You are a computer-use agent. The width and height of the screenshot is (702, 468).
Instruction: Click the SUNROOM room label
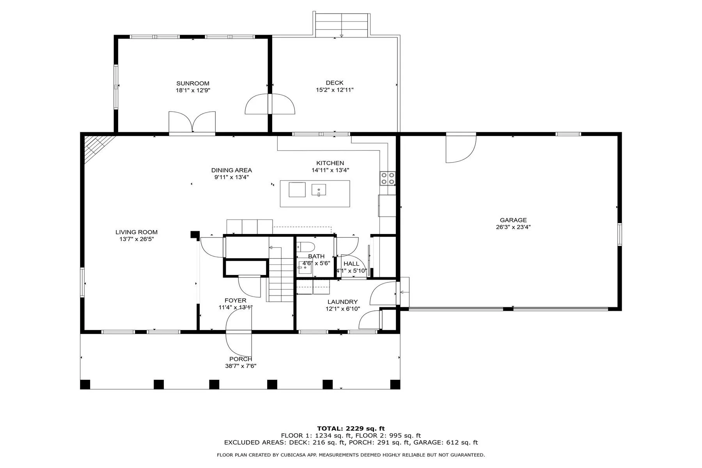(193, 83)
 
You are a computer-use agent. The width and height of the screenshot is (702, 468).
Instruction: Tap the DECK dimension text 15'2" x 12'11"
(335, 90)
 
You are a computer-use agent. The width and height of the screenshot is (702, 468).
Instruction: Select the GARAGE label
(513, 220)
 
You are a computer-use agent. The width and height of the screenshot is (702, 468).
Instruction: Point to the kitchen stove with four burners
(388, 178)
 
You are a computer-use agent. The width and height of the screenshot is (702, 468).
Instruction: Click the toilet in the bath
(305, 247)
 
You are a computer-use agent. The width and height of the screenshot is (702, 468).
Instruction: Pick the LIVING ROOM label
(136, 232)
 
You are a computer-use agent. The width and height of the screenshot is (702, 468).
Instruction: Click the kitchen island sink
(319, 190)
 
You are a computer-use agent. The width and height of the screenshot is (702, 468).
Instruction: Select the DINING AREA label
(232, 170)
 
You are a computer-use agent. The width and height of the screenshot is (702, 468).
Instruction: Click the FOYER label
(236, 300)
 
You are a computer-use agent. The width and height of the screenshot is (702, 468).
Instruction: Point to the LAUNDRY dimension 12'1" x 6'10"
(343, 308)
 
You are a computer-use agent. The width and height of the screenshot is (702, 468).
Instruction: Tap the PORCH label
(241, 359)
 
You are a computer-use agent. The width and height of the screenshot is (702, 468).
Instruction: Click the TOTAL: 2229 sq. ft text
(351, 428)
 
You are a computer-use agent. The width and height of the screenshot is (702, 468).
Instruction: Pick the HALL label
(351, 264)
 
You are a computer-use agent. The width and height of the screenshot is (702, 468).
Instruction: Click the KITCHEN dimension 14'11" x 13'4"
(330, 170)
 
